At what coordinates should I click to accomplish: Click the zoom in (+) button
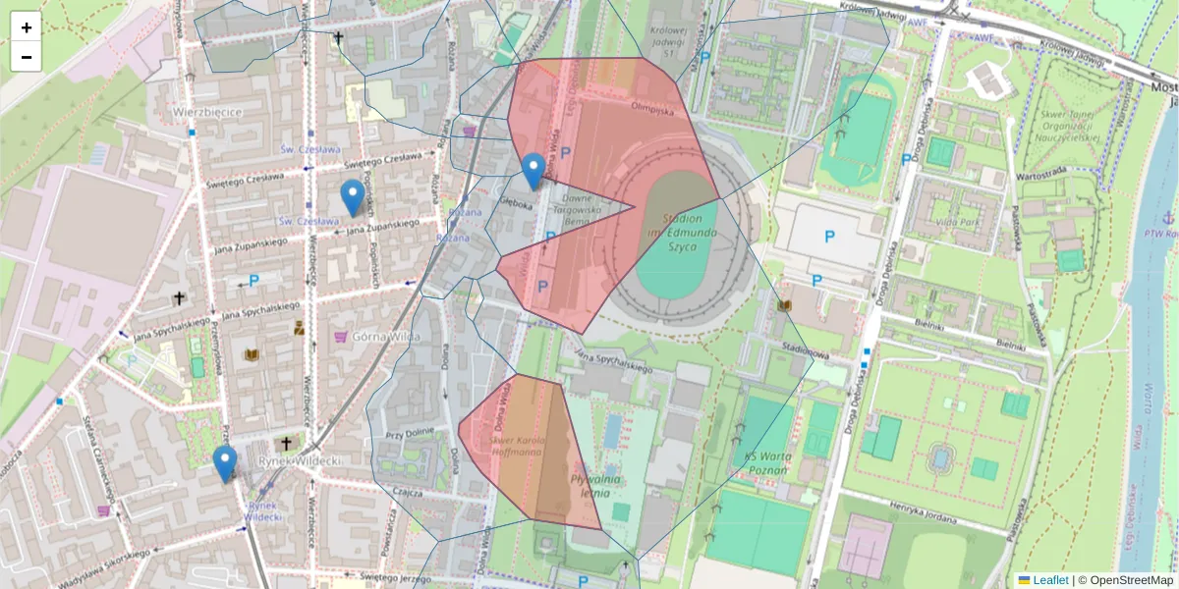(x=27, y=27)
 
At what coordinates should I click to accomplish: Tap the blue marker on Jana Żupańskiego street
(x=352, y=197)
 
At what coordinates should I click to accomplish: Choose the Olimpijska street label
(x=653, y=110)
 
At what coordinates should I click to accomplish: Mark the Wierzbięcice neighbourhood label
(x=207, y=112)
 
